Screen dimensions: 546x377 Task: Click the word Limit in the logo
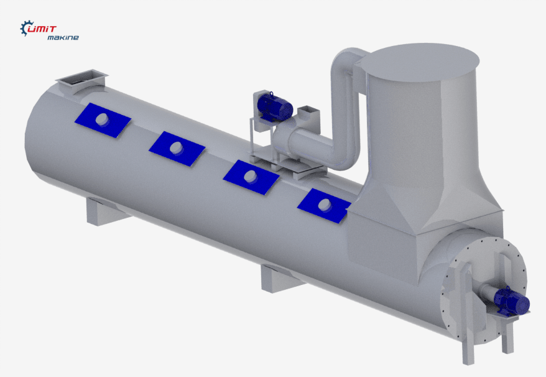coord(42,29)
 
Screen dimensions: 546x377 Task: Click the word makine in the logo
coord(63,37)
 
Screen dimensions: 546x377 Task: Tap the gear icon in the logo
coord(25,28)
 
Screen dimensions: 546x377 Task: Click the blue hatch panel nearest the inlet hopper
coord(103,120)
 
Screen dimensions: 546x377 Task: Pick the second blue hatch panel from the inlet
coord(177,149)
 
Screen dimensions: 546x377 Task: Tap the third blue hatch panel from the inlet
coord(251,177)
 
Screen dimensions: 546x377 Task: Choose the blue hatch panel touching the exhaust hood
coord(325,205)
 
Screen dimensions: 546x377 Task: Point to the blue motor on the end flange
coord(511,302)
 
